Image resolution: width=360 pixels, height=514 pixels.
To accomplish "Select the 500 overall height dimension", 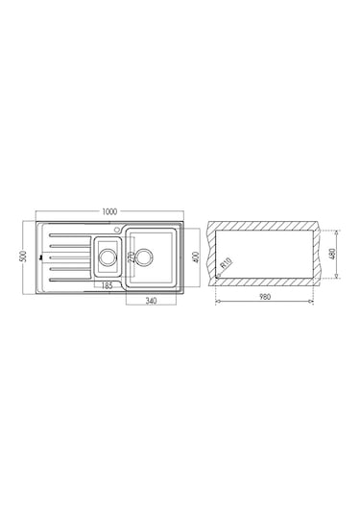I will (x=21, y=257).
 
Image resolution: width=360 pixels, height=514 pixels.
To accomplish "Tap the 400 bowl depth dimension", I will (x=195, y=257).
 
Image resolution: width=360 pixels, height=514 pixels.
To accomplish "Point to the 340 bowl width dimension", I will (x=151, y=302).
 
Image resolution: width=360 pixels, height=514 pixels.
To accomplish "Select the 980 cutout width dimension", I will (x=264, y=297).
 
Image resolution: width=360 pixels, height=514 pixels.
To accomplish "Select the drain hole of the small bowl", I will (x=108, y=257).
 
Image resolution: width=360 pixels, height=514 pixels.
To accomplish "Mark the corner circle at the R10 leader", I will (x=220, y=277).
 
